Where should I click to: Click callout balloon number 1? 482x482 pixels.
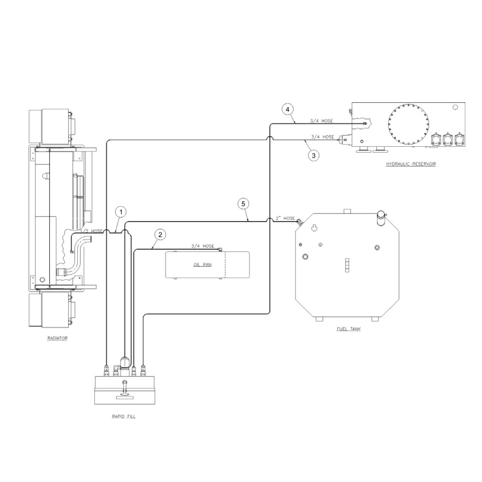[121, 212]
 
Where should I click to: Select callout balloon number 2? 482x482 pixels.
[160, 235]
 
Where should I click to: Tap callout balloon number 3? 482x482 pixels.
[313, 156]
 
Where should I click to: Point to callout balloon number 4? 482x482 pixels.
[288, 109]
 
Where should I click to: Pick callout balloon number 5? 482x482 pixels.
[243, 204]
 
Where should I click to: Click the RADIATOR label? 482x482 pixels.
[57, 338]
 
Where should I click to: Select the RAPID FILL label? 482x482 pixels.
[123, 417]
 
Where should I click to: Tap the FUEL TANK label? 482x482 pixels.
[348, 329]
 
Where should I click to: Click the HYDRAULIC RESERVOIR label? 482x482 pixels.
[411, 164]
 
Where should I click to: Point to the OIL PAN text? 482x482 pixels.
[202, 264]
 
